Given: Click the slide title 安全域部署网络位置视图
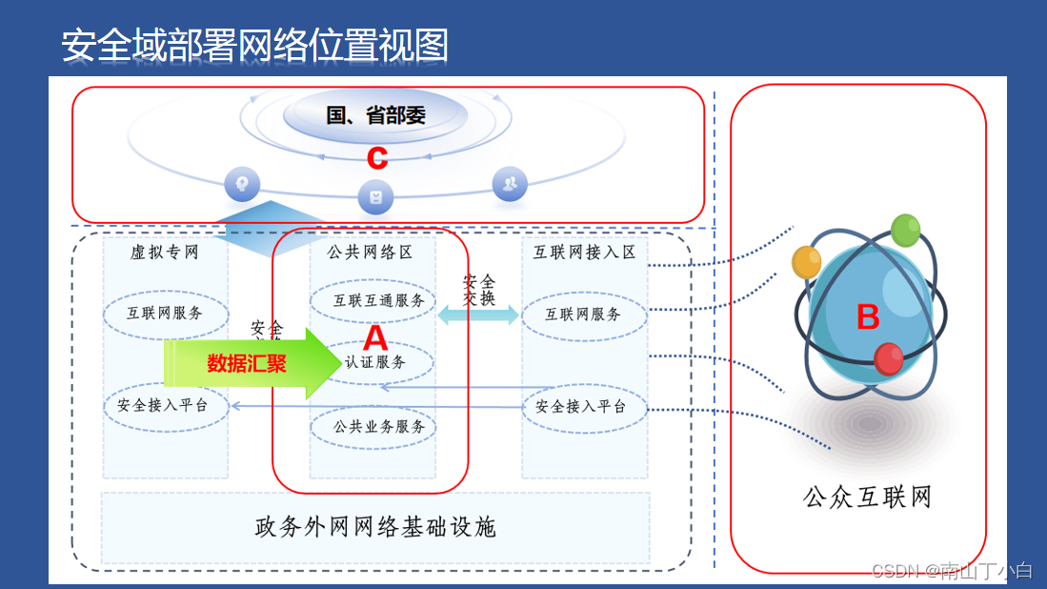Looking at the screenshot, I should click(x=254, y=45).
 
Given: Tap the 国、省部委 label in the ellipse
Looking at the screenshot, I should click(x=375, y=116).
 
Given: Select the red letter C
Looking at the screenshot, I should click(x=377, y=157).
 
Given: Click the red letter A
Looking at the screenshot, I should click(x=376, y=336).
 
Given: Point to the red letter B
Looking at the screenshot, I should click(x=867, y=317).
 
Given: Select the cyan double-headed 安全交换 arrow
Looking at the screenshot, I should click(x=478, y=315).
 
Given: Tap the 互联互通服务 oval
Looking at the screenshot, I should click(x=372, y=301).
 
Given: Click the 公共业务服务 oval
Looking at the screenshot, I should click(x=372, y=427).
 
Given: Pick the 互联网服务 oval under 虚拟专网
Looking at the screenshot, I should click(x=165, y=313).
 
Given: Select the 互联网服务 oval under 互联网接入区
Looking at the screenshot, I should click(x=583, y=315).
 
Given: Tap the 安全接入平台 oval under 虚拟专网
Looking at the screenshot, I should click(x=167, y=406).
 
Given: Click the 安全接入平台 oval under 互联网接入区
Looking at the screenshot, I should click(x=583, y=407).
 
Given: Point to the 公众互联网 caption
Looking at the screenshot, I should click(x=867, y=497).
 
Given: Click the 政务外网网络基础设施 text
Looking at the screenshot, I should click(x=375, y=527).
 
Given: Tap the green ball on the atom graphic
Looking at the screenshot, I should click(x=904, y=230).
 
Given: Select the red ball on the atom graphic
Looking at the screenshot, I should click(x=889, y=358).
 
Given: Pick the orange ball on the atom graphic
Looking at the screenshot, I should click(x=806, y=260).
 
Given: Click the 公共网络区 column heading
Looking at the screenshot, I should click(x=371, y=253).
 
